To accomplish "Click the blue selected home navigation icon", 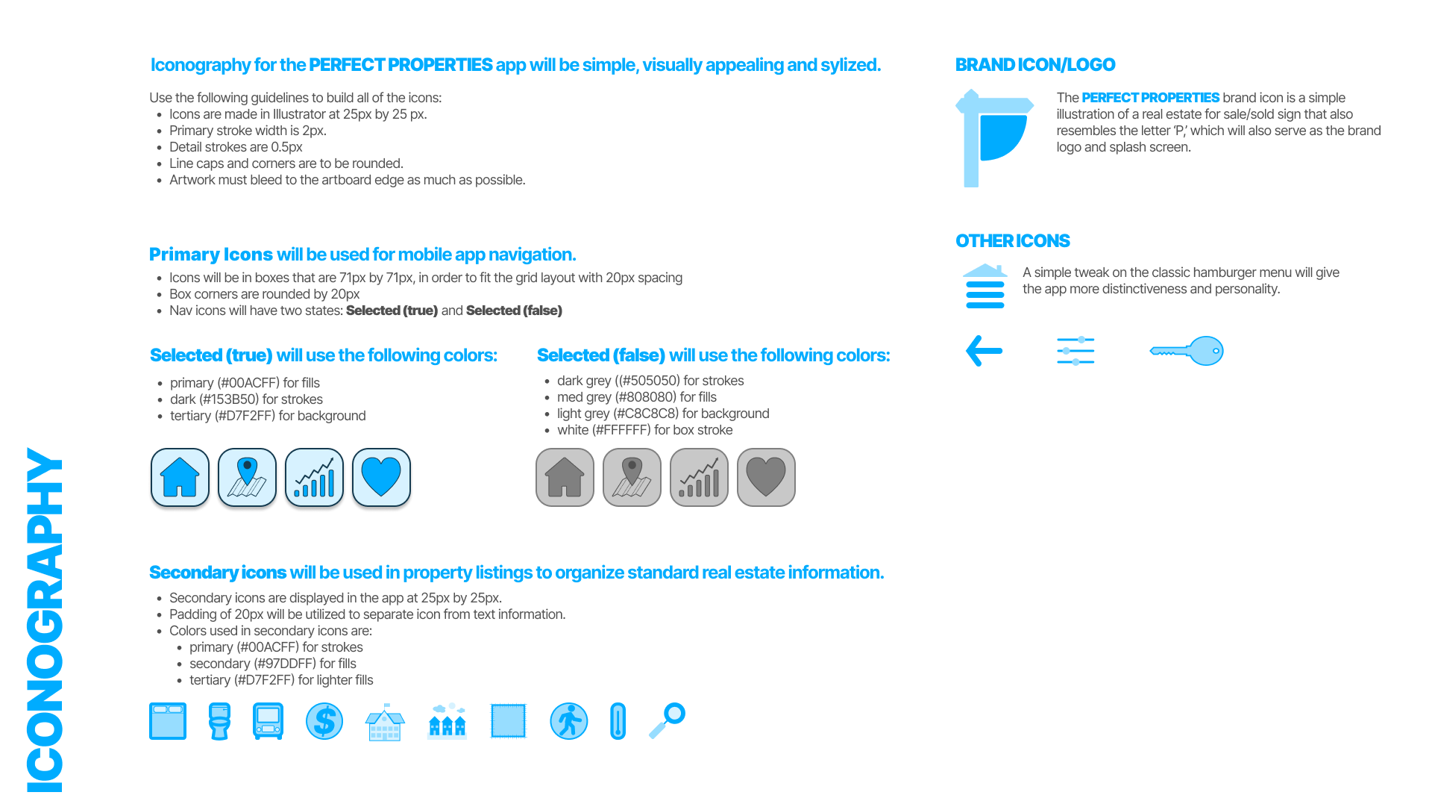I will pyautogui.click(x=180, y=478).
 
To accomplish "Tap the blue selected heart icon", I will pyautogui.click(x=381, y=478).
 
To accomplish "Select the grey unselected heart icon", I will pyautogui.click(x=766, y=478).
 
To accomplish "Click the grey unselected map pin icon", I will pyautogui.click(x=632, y=478).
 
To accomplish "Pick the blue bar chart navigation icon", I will pyautogui.click(x=314, y=478).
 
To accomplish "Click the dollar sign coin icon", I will pyautogui.click(x=324, y=721).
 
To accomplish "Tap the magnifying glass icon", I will pyautogui.click(x=668, y=720).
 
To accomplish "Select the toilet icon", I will pyautogui.click(x=219, y=721).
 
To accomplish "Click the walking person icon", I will pyautogui.click(x=568, y=721).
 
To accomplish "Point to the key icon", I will pyautogui.click(x=1187, y=351).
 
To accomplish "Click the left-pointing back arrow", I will pyautogui.click(x=984, y=351).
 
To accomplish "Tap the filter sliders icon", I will pyautogui.click(x=1075, y=351).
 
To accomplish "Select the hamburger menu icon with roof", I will pyautogui.click(x=985, y=286).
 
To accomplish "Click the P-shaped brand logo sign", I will pyautogui.click(x=993, y=138).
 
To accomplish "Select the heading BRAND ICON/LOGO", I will pyautogui.click(x=1035, y=65).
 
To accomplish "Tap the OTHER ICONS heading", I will pyautogui.click(x=1012, y=241).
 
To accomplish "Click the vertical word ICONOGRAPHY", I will pyautogui.click(x=45, y=620).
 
